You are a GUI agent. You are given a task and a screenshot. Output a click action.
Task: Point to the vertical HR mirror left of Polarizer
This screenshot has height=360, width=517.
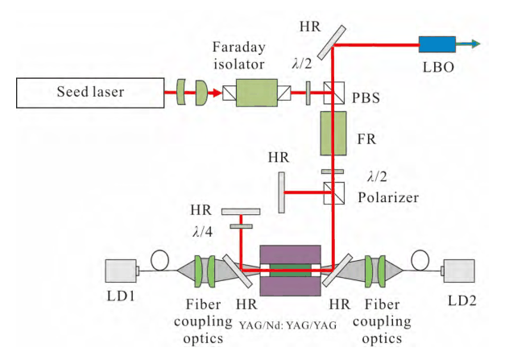tap(281, 192)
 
